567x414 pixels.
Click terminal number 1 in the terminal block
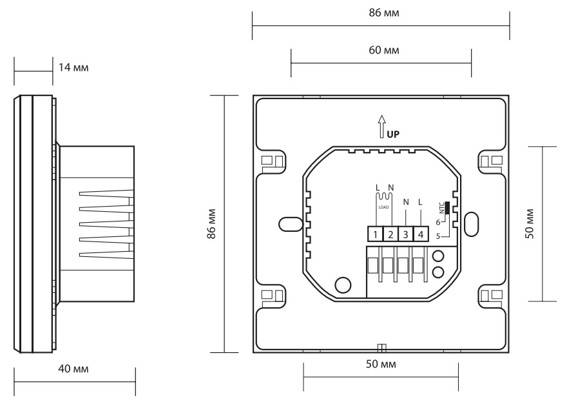pos(374,235)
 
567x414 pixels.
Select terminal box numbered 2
pos(390,235)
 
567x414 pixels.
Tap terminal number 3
pos(405,235)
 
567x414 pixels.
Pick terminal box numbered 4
pos(420,235)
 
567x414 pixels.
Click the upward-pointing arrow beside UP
pos(381,126)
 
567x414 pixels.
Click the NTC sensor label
pos(441,208)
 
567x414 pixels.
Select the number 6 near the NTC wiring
pos(438,222)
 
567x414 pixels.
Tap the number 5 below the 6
pos(438,236)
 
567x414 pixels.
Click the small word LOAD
pos(383,207)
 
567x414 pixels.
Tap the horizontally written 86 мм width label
pos(381,12)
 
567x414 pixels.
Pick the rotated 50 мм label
pos(530,223)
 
